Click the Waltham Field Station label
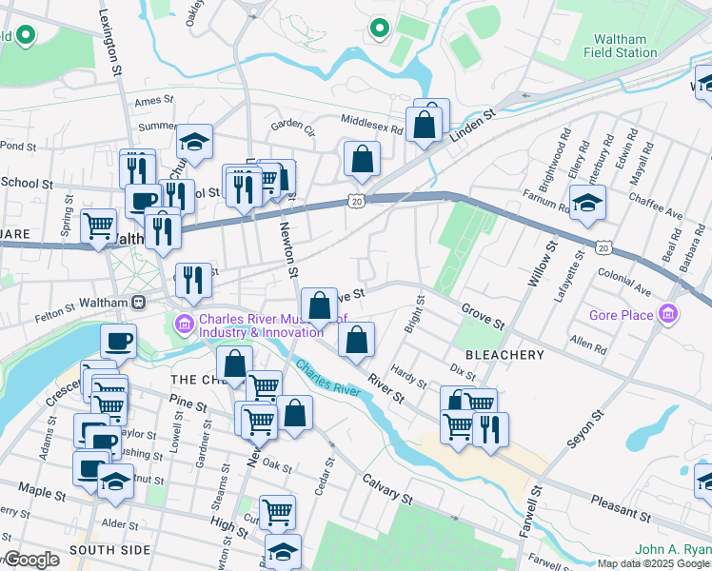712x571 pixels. [620, 47]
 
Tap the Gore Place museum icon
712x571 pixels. [669, 315]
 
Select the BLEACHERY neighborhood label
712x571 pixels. [504, 355]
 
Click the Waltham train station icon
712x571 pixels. [139, 302]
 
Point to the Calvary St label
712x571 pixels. [386, 484]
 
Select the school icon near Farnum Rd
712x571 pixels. [587, 203]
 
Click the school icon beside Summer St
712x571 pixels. [194, 144]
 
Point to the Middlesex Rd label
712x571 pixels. [374, 119]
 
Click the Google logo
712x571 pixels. [31, 561]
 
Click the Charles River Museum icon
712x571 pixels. [186, 325]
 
